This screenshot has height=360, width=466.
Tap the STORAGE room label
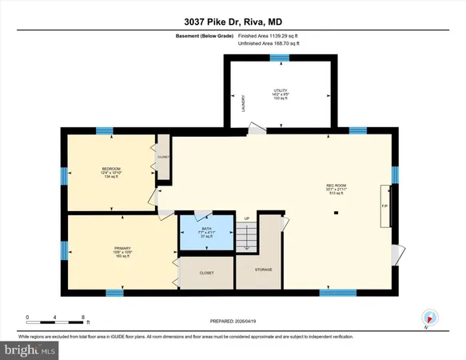(264, 270)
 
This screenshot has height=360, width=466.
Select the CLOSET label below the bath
(206, 273)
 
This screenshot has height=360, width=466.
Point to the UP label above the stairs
(247, 218)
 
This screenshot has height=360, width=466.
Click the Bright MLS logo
(30, 350)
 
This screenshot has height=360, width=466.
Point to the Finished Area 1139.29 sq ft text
(273, 36)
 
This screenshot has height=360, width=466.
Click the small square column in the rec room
(337, 212)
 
